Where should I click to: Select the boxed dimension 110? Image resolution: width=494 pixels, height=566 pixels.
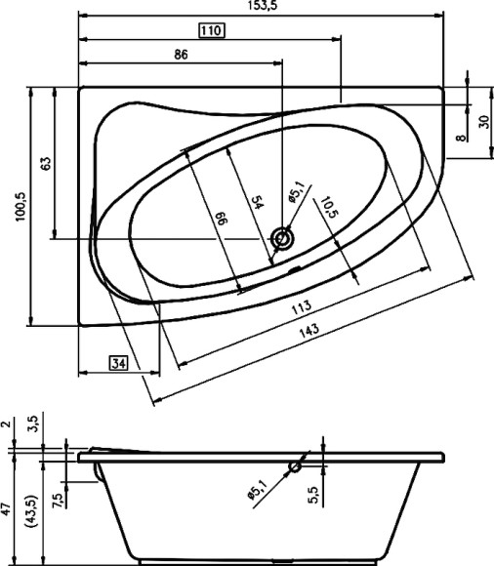point(211,31)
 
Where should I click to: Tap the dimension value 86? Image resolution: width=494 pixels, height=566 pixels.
point(181,56)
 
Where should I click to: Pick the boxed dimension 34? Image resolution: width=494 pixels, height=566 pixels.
point(118,364)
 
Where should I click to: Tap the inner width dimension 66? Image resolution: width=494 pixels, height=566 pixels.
point(221,222)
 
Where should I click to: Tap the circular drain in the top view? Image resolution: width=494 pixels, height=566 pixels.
point(284,237)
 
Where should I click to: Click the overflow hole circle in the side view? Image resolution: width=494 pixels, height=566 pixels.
point(294,469)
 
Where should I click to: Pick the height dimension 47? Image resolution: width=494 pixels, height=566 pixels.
point(8,508)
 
